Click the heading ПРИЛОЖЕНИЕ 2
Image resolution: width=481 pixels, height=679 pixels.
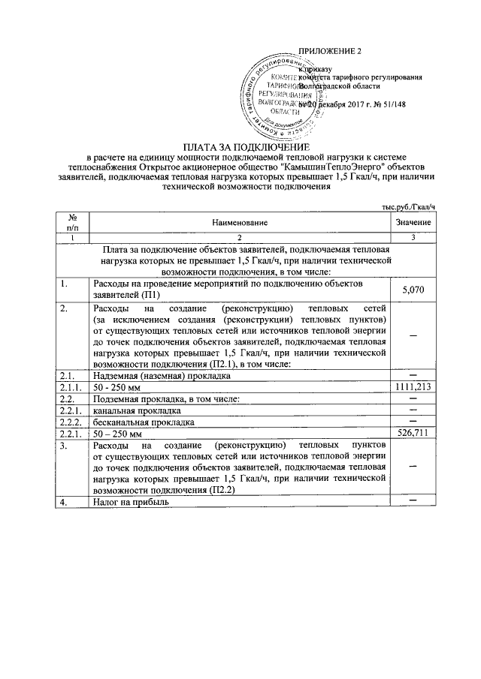point(331,52)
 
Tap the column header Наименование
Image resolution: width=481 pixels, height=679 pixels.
point(239,223)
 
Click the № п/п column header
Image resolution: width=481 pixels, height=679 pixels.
point(73,223)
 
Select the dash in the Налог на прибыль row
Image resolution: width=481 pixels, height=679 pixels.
point(413,500)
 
